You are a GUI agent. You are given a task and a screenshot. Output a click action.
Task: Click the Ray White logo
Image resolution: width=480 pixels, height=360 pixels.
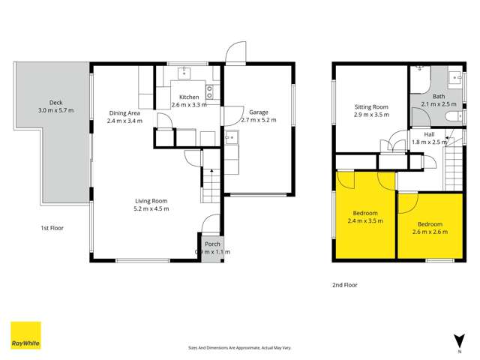click(25, 336)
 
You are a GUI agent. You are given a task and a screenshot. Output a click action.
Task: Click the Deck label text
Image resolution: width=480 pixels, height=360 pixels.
click(56, 102)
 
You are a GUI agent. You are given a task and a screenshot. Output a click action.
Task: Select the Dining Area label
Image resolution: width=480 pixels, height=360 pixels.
click(124, 113)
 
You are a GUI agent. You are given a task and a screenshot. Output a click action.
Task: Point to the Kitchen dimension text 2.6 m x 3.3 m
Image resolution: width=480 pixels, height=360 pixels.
click(189, 105)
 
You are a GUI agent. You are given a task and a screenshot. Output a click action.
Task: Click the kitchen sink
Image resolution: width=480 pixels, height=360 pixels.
click(183, 73)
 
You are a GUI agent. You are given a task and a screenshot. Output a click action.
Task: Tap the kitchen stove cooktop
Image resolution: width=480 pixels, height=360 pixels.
click(209, 92)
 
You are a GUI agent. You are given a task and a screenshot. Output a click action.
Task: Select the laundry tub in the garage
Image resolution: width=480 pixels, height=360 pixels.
click(232, 137)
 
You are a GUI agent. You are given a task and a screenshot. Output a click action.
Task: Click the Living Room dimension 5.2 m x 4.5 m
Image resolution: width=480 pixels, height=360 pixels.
click(152, 208)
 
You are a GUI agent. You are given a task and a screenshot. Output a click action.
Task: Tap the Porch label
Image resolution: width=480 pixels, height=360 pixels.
click(212, 244)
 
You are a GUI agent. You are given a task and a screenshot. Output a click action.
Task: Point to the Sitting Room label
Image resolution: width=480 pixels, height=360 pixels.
click(371, 107)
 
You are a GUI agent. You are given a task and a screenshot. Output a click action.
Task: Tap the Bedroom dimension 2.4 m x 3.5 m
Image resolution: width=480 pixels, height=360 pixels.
click(366, 222)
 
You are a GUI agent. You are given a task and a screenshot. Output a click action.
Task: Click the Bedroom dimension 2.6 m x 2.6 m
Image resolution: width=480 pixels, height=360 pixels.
click(430, 232)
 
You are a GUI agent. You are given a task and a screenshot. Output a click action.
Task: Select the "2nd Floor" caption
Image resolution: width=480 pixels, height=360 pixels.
click(346, 285)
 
